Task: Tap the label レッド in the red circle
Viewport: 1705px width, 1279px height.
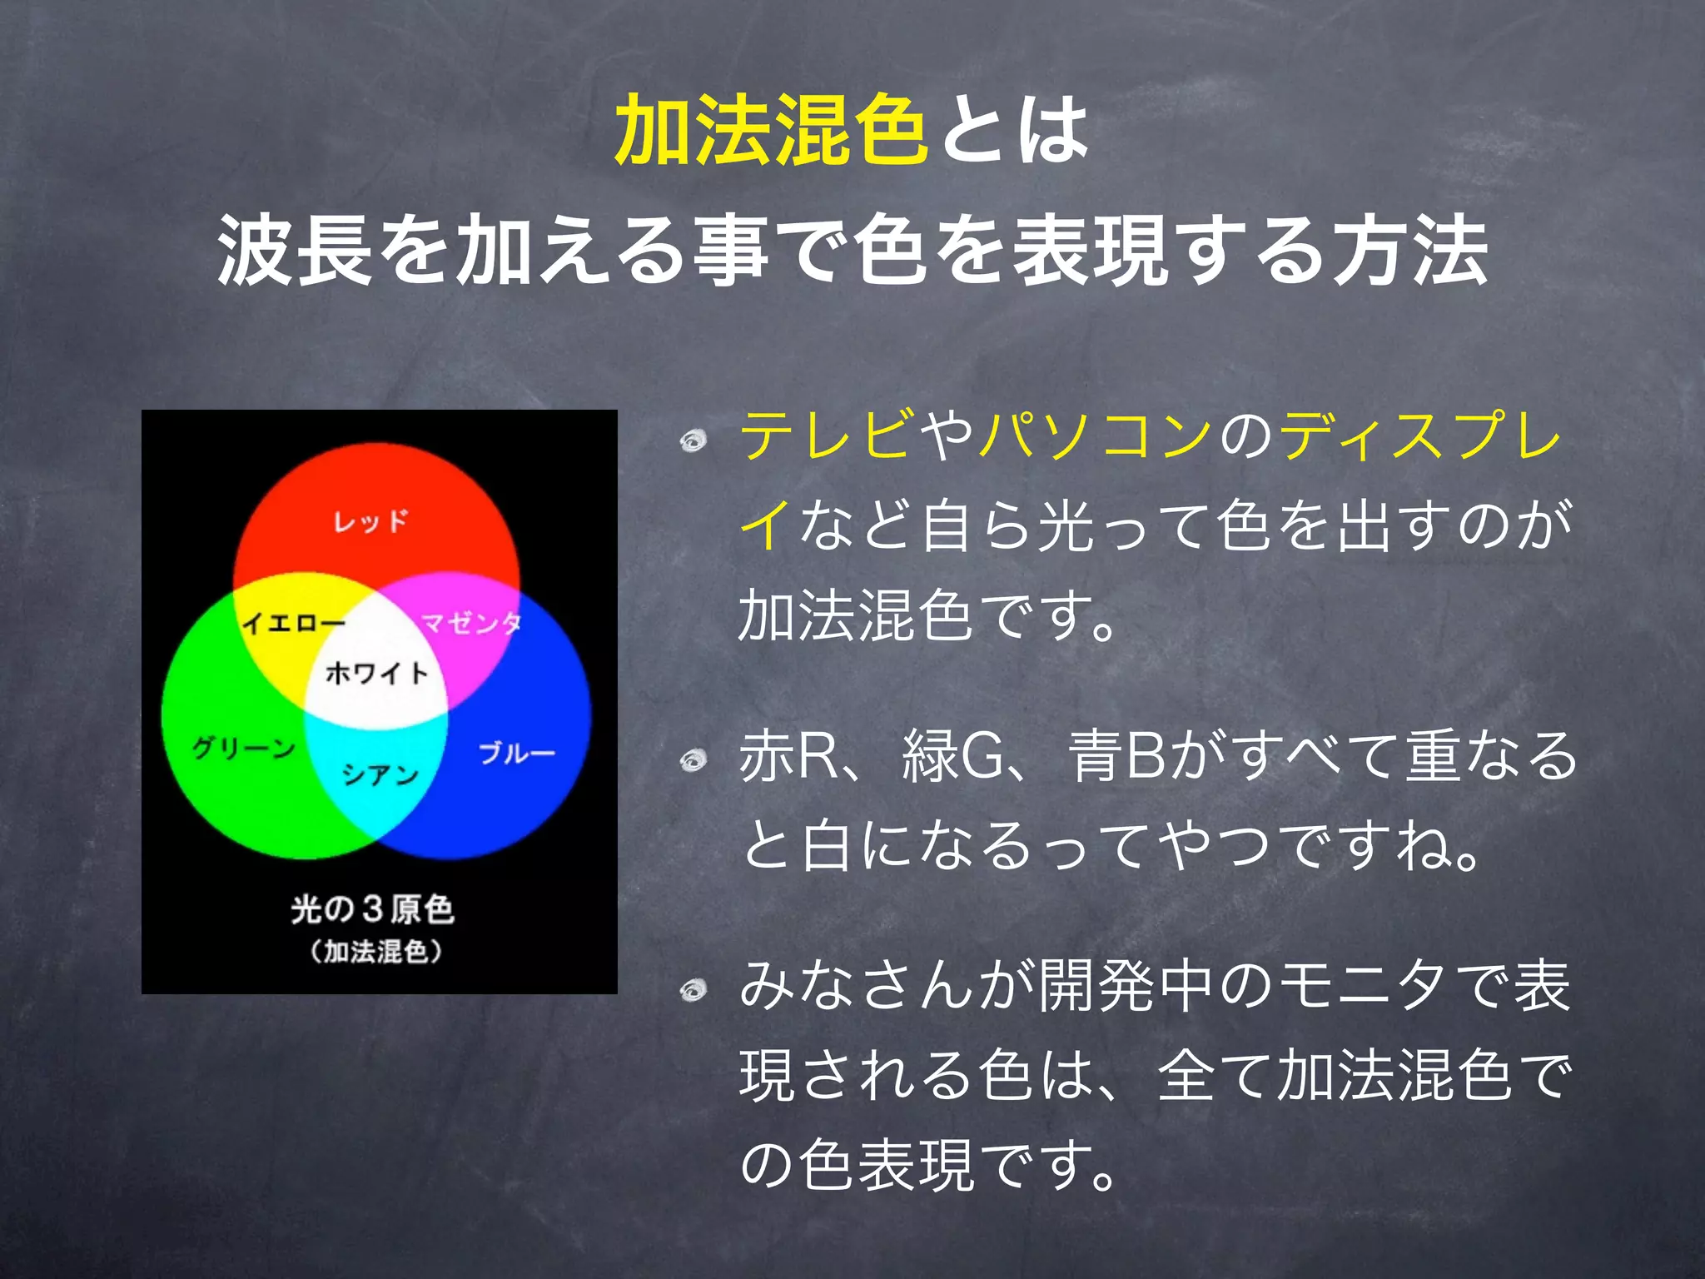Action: click(371, 521)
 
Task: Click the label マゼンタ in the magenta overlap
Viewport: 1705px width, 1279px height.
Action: click(471, 622)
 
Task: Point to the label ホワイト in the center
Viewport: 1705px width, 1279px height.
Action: click(377, 672)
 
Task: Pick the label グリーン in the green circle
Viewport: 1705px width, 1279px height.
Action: click(243, 748)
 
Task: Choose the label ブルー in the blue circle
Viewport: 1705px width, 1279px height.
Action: click(516, 754)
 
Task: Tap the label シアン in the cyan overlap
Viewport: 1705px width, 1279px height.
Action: click(380, 775)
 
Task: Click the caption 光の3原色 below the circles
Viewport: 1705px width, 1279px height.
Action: click(372, 908)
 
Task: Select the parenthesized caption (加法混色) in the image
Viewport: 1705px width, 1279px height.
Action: click(376, 951)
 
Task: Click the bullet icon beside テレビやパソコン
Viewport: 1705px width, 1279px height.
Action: click(693, 440)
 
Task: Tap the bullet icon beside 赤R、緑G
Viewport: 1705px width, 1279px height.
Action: click(693, 759)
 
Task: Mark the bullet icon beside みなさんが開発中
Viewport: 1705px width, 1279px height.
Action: click(693, 990)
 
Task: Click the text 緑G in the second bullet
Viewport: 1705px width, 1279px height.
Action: click(954, 756)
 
